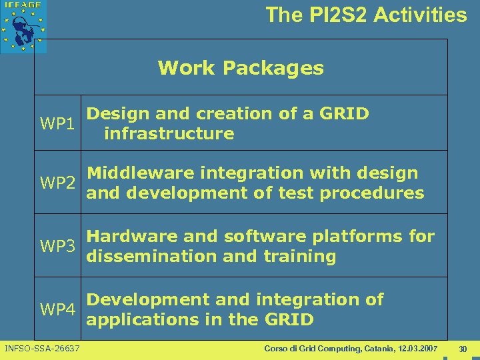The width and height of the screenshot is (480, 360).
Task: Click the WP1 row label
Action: [x=57, y=124]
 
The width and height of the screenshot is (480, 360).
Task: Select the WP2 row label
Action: [x=57, y=183]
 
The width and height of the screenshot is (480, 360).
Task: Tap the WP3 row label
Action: [x=57, y=246]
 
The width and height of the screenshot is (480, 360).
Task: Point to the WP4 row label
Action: [x=57, y=310]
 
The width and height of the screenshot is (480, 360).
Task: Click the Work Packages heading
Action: [x=241, y=68]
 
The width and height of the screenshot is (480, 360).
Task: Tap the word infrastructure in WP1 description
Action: [x=169, y=133]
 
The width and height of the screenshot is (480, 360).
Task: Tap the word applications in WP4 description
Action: [x=139, y=320]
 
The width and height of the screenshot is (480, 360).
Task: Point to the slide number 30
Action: [x=463, y=349]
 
